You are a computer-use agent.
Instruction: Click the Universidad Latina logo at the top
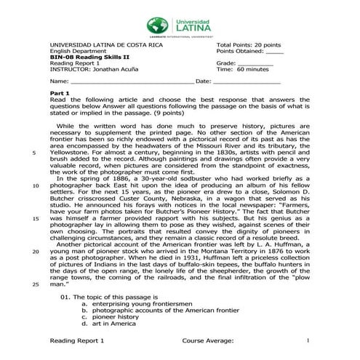click(179, 20)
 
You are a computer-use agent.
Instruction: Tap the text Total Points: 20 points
click(248, 45)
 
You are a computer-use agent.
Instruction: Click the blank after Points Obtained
click(274, 52)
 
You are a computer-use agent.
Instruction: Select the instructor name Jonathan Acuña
click(111, 69)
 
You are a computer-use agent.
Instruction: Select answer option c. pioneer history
click(109, 316)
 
